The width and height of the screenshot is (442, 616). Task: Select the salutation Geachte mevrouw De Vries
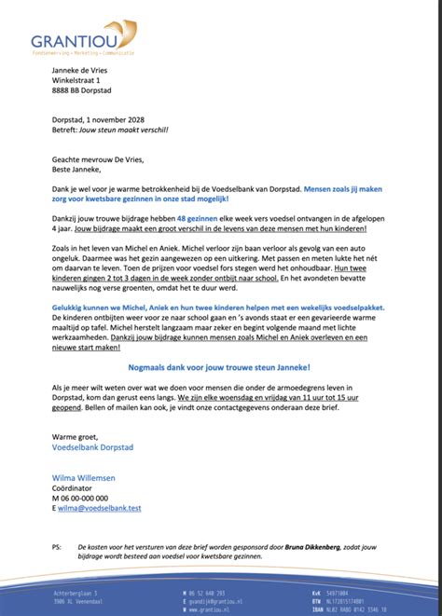click(x=98, y=158)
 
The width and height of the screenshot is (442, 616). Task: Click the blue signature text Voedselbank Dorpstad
click(x=92, y=447)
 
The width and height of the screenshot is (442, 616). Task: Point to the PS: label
click(x=57, y=547)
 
